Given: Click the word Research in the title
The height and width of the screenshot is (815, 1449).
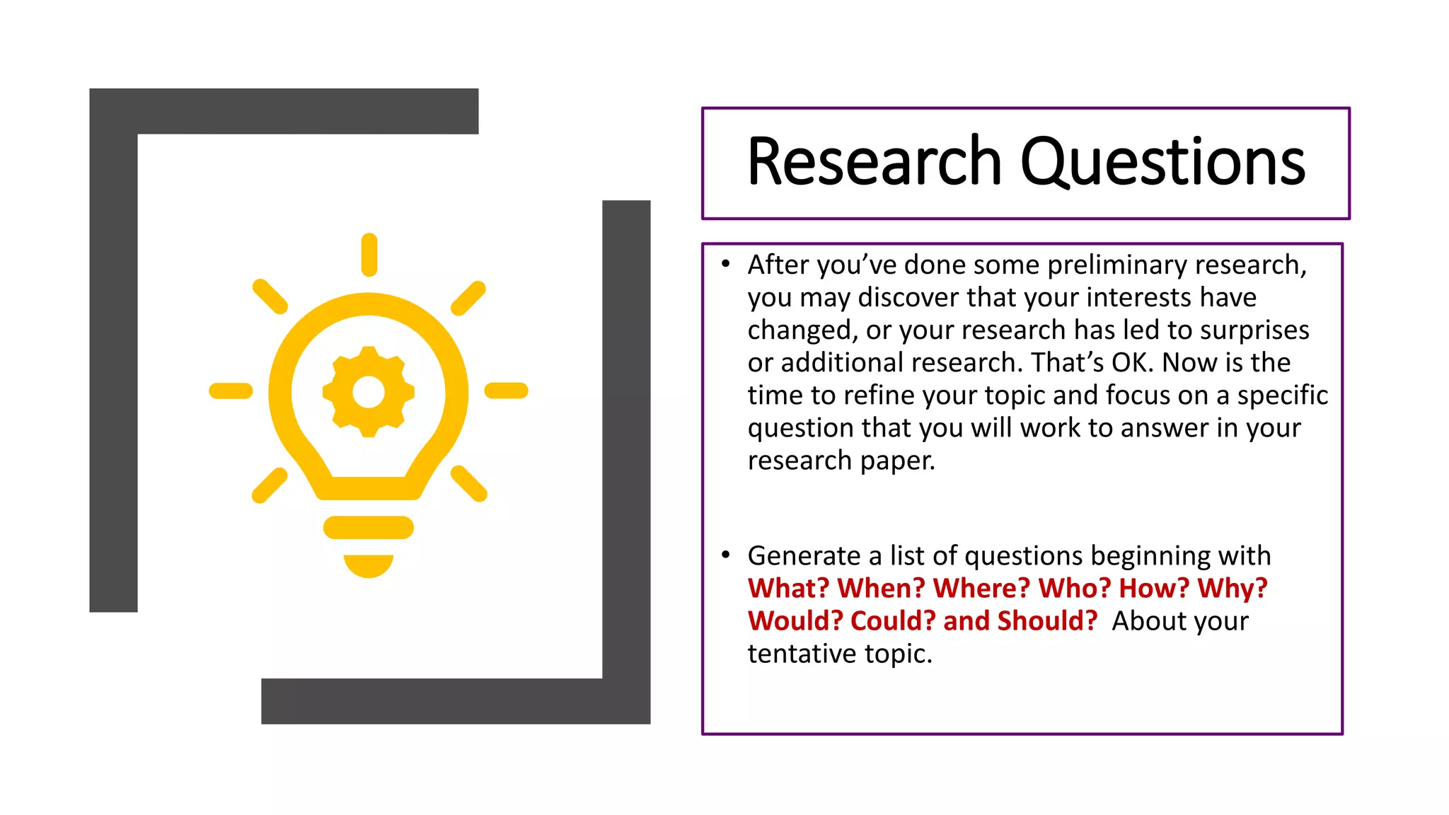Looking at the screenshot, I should coord(874,162).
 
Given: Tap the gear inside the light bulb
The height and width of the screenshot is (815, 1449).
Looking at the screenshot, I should coord(369,392).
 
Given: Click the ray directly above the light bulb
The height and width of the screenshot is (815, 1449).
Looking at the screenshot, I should coord(369,254).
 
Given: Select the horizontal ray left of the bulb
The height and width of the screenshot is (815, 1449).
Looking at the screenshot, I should coord(231,391).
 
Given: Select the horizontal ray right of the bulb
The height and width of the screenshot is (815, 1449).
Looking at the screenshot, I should coord(506,391).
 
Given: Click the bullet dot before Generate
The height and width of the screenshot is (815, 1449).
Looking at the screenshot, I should coord(725,555).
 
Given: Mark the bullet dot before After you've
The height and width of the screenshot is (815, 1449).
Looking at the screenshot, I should coord(725,264).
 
